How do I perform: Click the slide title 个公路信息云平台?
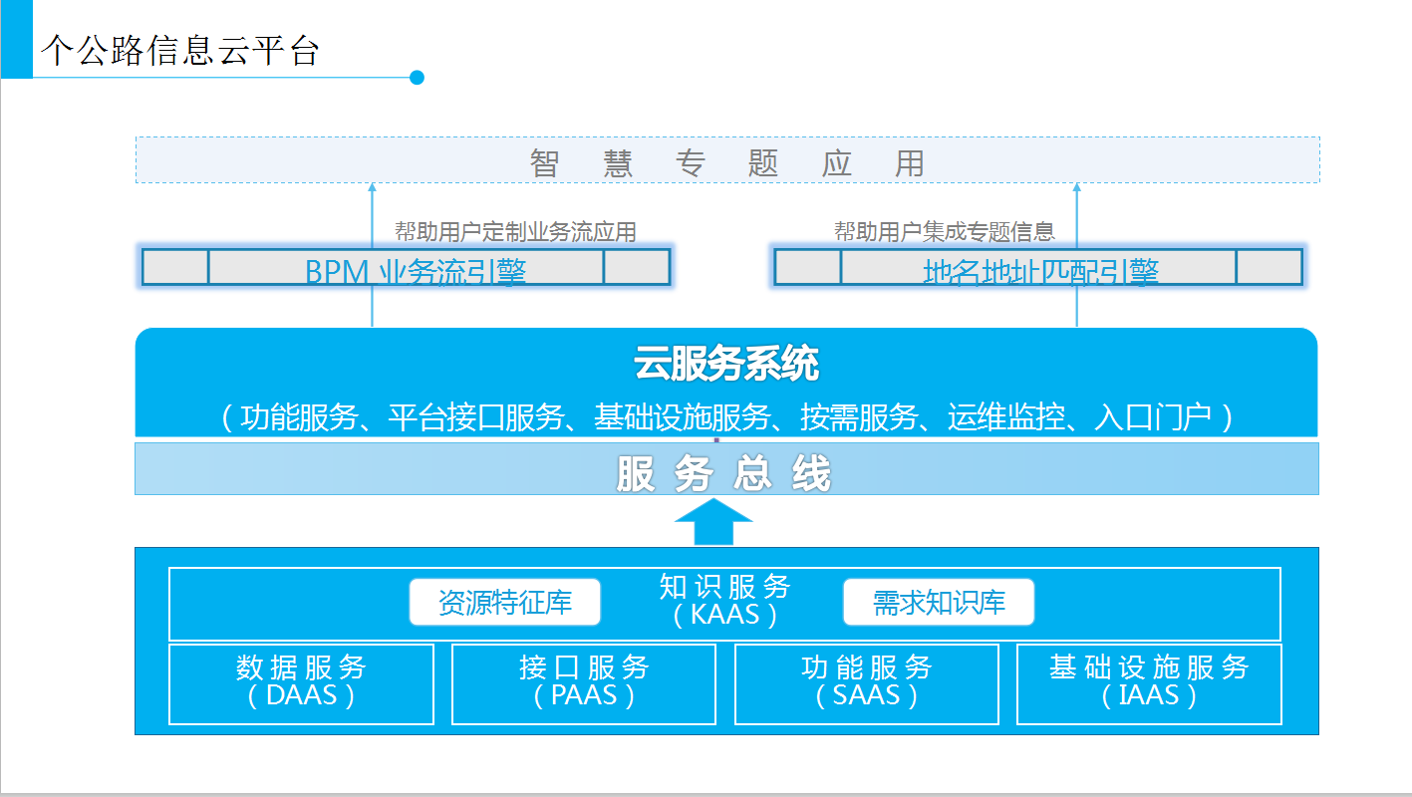click(180, 51)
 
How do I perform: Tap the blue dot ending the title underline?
click(418, 78)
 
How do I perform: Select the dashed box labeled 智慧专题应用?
click(727, 161)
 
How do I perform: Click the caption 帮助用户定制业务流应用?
click(515, 232)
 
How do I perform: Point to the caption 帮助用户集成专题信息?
click(945, 232)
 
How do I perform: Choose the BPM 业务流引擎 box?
click(406, 267)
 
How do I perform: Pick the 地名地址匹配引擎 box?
click(1038, 267)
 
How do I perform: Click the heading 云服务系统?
click(726, 365)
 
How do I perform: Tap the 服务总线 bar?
click(726, 469)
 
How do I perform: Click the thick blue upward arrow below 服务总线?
click(713, 522)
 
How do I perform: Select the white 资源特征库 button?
click(505, 602)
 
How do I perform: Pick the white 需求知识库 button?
click(939, 602)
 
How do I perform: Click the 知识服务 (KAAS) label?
click(724, 600)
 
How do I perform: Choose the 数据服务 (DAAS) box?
click(301, 683)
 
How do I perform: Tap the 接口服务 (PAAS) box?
click(584, 683)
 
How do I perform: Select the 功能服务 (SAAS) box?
click(867, 683)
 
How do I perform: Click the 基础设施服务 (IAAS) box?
click(1149, 683)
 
